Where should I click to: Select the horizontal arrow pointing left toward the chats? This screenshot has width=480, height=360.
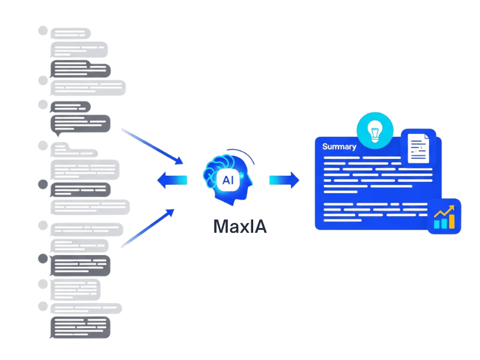click(169, 179)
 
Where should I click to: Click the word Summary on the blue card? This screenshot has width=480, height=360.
click(340, 146)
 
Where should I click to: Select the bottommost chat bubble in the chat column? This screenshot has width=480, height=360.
click(80, 327)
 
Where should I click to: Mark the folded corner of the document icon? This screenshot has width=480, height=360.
click(427, 139)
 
